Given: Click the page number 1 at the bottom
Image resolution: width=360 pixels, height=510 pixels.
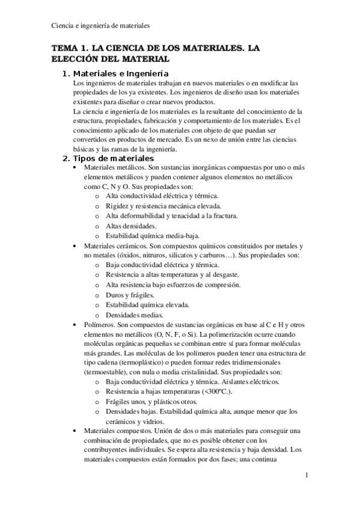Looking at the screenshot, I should coord(307,475).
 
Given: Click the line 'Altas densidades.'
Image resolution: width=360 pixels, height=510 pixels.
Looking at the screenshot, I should coord(127,226).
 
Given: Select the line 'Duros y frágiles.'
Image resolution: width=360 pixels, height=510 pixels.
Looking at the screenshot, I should coord(129,295).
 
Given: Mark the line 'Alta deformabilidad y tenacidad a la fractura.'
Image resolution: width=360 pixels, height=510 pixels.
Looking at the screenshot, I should coord(171,216).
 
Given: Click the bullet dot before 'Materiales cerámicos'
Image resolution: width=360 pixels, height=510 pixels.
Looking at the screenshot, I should coord(74,246).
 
